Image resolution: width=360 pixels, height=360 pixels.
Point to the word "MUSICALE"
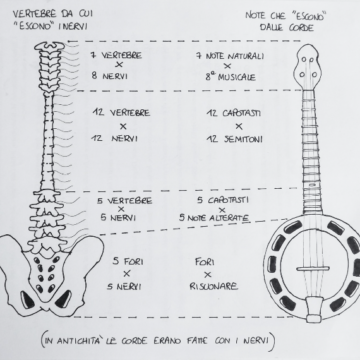[x=231, y=74]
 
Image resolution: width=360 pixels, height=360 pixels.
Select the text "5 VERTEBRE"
[x=122, y=201]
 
